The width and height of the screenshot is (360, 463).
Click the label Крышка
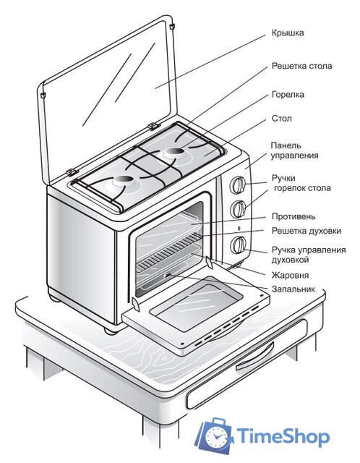(x=288, y=33)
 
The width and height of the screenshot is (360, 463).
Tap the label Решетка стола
(x=301, y=66)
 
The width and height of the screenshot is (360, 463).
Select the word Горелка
(x=288, y=94)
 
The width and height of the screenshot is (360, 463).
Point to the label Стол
(x=281, y=118)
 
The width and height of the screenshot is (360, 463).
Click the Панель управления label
(x=294, y=150)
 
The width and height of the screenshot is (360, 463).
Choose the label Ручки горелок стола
(x=301, y=182)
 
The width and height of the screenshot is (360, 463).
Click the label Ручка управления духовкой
(x=308, y=254)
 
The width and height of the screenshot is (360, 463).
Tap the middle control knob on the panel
(x=236, y=210)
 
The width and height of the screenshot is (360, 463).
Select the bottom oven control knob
(x=237, y=245)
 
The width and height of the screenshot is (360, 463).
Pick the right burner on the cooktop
(x=173, y=153)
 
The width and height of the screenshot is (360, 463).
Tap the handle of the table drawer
(x=256, y=359)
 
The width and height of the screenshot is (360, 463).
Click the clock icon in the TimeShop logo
(x=215, y=436)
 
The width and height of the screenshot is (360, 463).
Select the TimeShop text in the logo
(x=283, y=437)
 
